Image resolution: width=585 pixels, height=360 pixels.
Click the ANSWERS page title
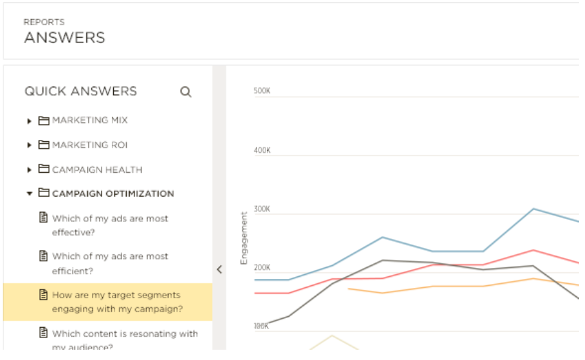coord(64,38)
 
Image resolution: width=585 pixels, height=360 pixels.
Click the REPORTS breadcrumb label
coord(44,22)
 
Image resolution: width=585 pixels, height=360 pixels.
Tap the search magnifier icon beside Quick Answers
coord(185,92)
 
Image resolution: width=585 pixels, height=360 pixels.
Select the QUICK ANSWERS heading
coord(81,91)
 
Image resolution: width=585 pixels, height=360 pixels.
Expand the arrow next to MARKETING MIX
coord(29,121)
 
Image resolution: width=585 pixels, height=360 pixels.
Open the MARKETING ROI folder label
coord(90,145)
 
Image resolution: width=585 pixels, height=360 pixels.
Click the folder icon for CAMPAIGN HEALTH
coord(44,169)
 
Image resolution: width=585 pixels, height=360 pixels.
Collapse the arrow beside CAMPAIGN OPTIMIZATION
coord(29,194)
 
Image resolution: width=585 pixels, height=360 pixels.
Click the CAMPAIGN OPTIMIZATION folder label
coord(113,194)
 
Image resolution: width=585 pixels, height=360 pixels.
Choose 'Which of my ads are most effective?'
coord(110,225)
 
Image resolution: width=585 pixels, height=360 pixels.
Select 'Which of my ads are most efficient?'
coord(110,263)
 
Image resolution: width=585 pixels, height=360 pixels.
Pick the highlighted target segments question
coord(117,302)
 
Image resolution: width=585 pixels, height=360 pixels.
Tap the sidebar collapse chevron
coord(219,269)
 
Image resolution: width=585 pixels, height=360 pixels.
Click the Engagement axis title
coord(243,238)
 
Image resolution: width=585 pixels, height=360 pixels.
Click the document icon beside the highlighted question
coord(42,295)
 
